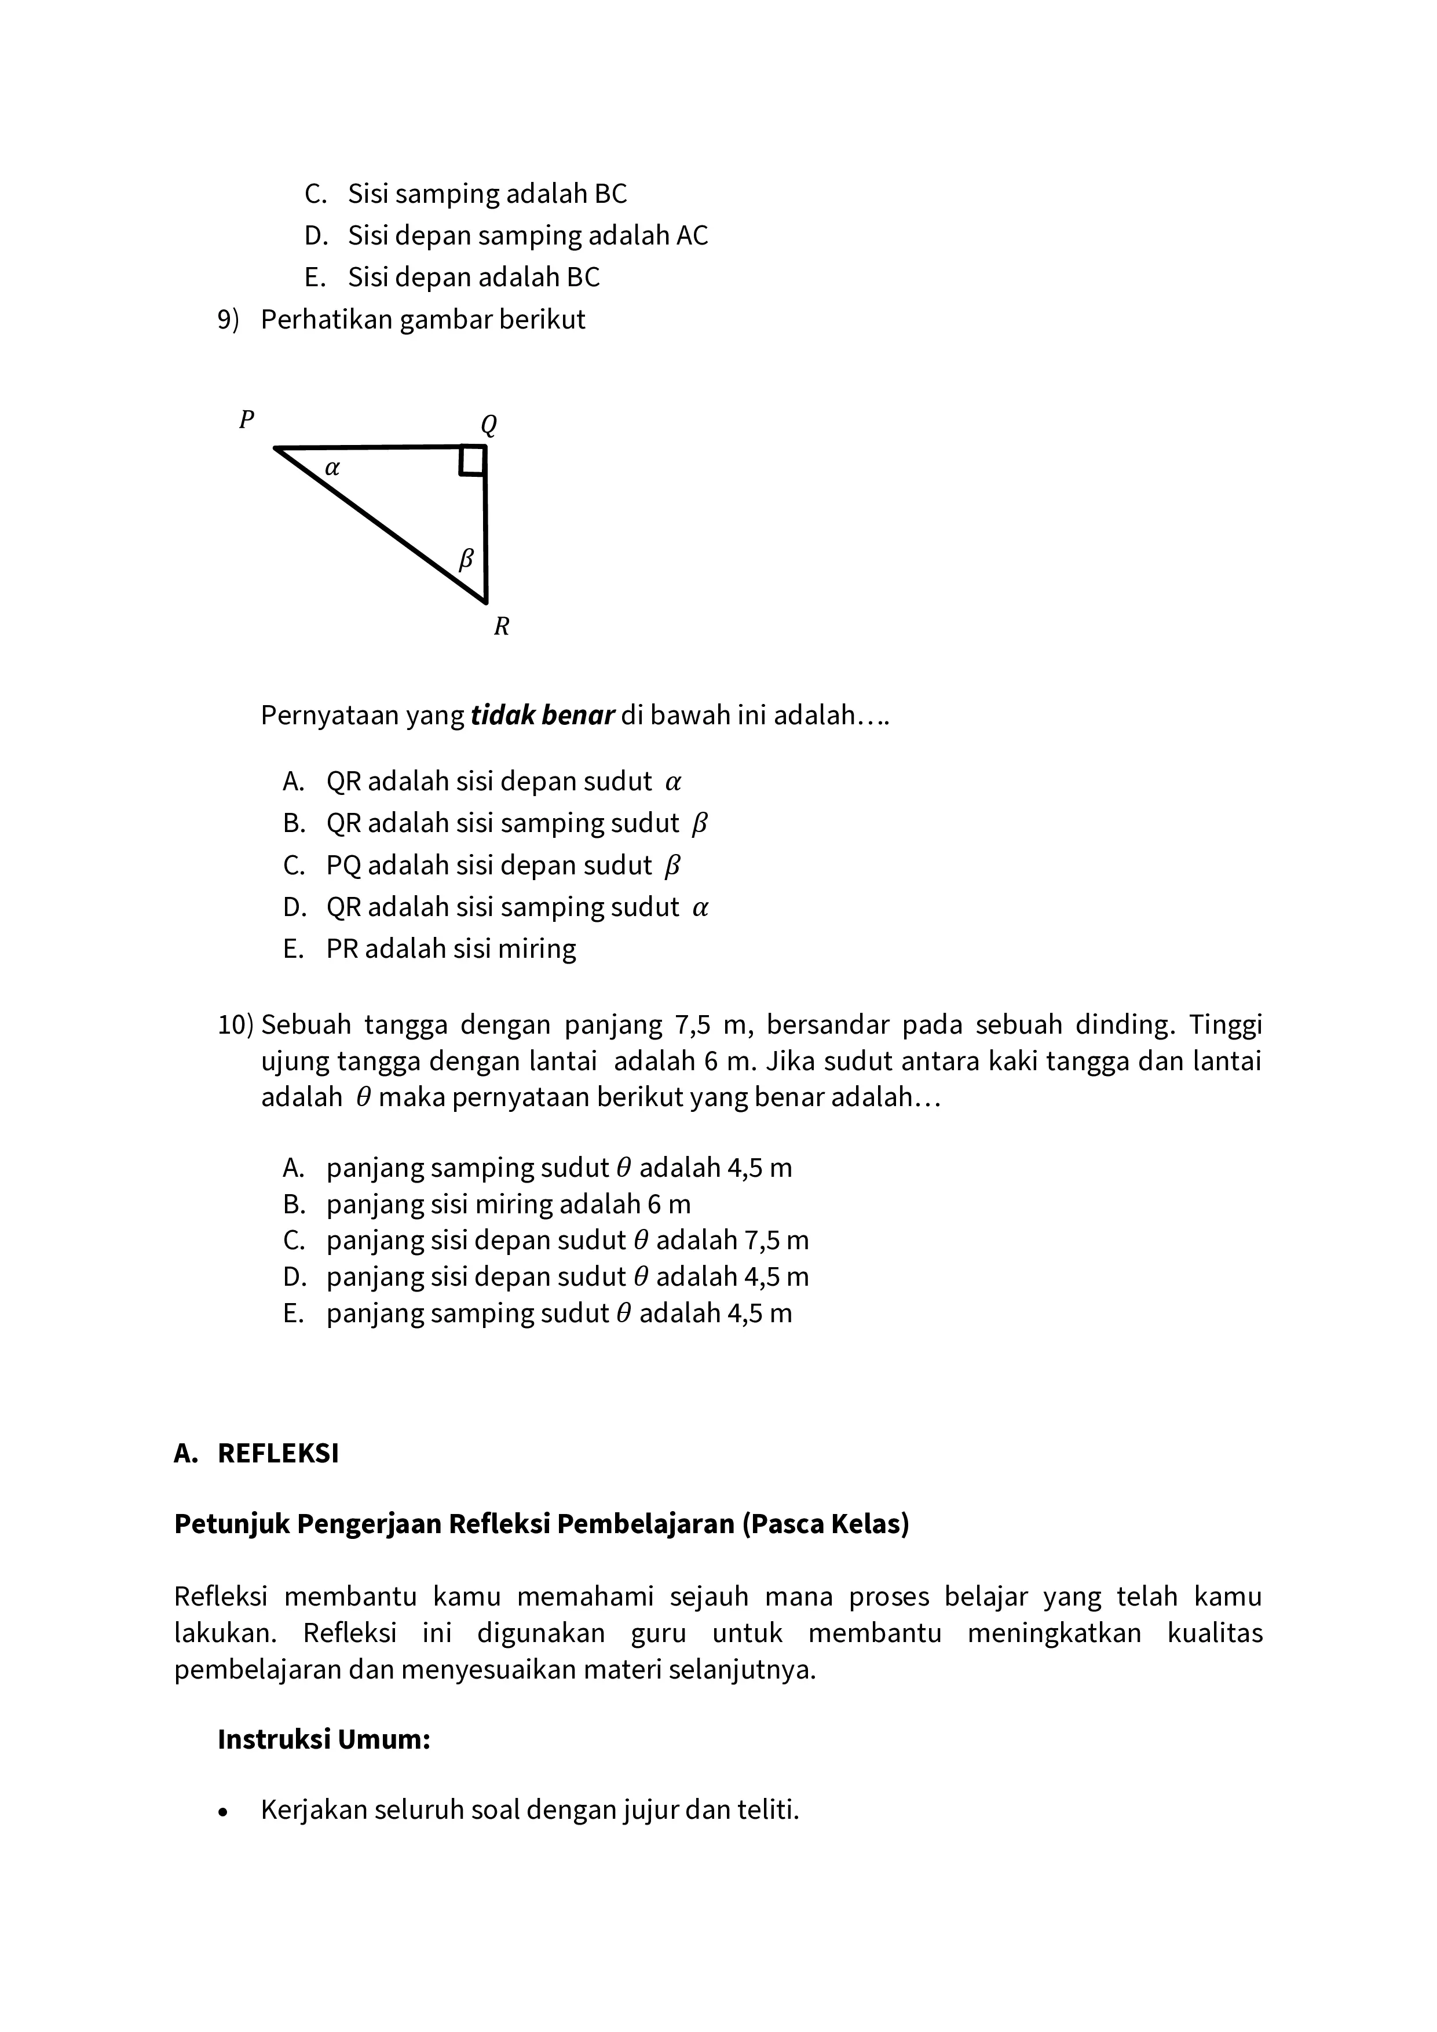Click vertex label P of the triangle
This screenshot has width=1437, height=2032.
247,419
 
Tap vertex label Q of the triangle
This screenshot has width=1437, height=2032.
488,426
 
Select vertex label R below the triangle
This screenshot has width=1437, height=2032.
501,626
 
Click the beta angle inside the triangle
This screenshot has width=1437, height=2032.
466,559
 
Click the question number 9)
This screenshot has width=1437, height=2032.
228,319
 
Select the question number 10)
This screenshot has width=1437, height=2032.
235,1025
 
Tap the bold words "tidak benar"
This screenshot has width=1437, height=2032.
542,715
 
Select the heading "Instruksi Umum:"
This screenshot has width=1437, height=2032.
324,1740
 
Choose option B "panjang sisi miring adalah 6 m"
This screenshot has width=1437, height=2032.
508,1205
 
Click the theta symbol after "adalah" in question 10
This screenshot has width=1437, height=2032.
363,1097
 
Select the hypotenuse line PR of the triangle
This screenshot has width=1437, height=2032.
381,525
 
